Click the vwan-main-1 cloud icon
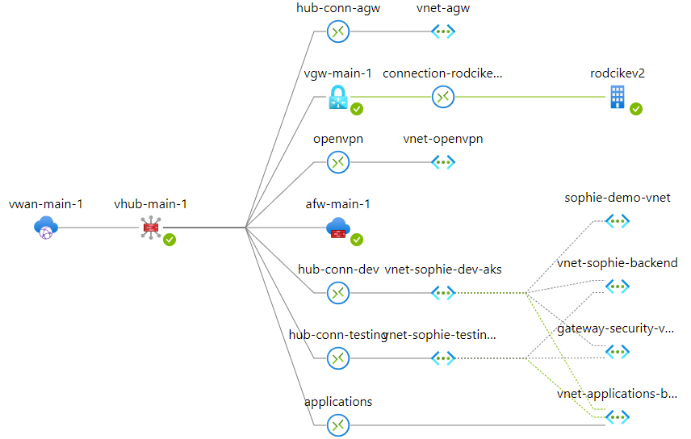click(x=46, y=228)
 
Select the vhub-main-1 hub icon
click(x=151, y=228)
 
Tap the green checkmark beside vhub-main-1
click(x=170, y=240)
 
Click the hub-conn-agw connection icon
click(x=337, y=31)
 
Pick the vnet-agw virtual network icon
click(x=443, y=31)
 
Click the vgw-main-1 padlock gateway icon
click(x=337, y=97)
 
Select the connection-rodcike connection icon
click(x=443, y=97)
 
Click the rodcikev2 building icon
click(x=618, y=97)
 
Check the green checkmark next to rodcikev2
click(x=636, y=109)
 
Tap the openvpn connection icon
click(x=337, y=162)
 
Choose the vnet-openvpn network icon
click(x=443, y=162)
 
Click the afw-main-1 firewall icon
click(x=337, y=228)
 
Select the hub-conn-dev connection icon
click(x=337, y=292)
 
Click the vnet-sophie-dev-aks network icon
click(x=443, y=292)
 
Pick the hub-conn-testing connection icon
click(x=337, y=357)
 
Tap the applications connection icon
click(x=337, y=424)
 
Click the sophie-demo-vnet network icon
click(x=618, y=220)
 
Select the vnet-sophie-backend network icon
click(x=618, y=286)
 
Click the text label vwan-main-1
click(x=46, y=204)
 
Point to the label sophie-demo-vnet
click(x=618, y=198)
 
